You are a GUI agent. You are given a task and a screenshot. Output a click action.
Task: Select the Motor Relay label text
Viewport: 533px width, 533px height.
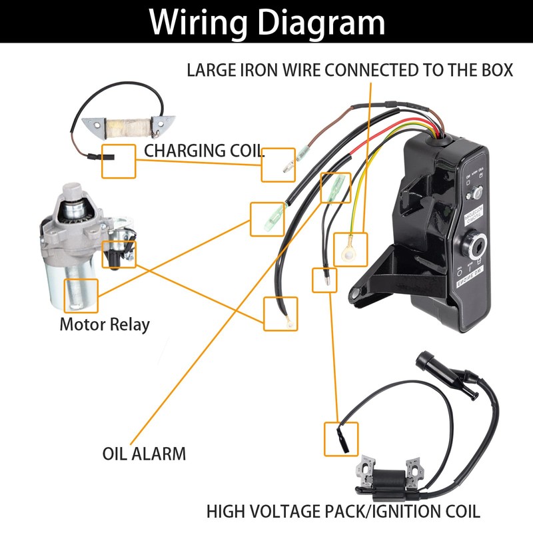pyautogui.click(x=105, y=325)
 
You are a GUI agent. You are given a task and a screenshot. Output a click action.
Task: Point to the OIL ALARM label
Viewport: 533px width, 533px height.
pyautogui.click(x=144, y=454)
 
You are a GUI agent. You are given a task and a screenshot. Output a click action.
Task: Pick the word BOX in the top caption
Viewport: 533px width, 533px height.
pyautogui.click(x=496, y=70)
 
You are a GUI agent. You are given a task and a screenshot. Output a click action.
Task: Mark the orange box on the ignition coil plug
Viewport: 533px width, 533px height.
pyautogui.click(x=340, y=438)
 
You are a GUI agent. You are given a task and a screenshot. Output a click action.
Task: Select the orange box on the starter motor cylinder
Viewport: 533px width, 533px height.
pyautogui.click(x=81, y=295)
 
